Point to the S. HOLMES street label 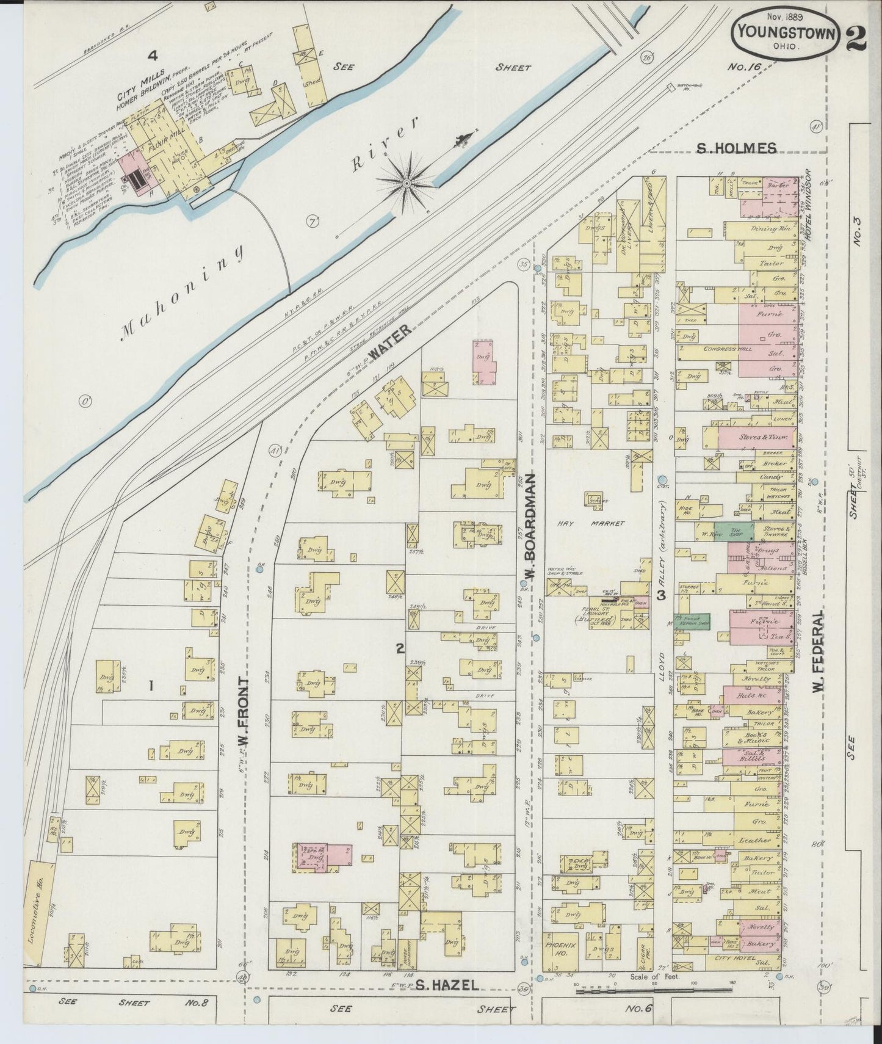point(737,147)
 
